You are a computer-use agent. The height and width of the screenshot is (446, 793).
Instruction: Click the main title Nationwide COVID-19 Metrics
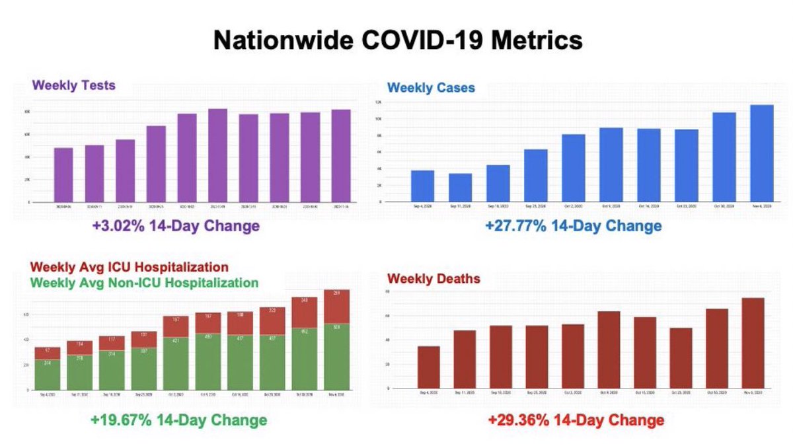[x=398, y=41]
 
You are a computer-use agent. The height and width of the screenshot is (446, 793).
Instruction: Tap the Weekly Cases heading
[x=431, y=87]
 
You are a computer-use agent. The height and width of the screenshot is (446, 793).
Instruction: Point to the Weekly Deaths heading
[x=434, y=279]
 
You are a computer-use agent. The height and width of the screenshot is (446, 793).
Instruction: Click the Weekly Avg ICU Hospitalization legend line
[x=130, y=268]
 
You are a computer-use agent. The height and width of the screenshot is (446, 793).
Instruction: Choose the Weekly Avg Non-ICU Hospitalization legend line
[x=145, y=283]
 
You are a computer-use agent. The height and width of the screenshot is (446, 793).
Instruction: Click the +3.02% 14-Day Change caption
[x=175, y=226]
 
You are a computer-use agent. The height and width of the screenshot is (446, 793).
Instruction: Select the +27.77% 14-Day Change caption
[x=573, y=226]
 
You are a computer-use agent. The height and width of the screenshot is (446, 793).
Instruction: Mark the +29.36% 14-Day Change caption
[x=575, y=420]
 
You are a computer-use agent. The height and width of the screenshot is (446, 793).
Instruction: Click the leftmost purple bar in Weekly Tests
[x=63, y=174]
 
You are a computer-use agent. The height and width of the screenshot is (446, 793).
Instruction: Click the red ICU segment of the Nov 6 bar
[x=337, y=306]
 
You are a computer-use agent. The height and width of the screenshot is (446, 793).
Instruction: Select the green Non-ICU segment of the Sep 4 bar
[x=48, y=375]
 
